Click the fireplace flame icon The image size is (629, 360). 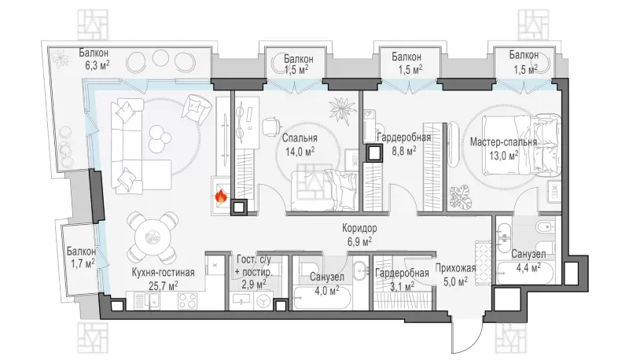pyautogui.click(x=221, y=196)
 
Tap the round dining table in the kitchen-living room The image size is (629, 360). pyautogui.click(x=153, y=237)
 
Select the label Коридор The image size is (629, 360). pyautogui.click(x=359, y=229)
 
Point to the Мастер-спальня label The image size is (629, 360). pyautogui.click(x=503, y=142)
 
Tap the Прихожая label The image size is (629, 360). pyautogui.click(x=455, y=268)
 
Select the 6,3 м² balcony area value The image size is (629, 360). pyautogui.click(x=97, y=66)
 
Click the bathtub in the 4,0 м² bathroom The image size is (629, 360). pyautogui.click(x=322, y=298)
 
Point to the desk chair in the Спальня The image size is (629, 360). pyautogui.click(x=271, y=126)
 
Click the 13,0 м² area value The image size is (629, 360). pyautogui.click(x=503, y=155)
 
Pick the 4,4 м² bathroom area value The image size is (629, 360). pyautogui.click(x=527, y=267)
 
